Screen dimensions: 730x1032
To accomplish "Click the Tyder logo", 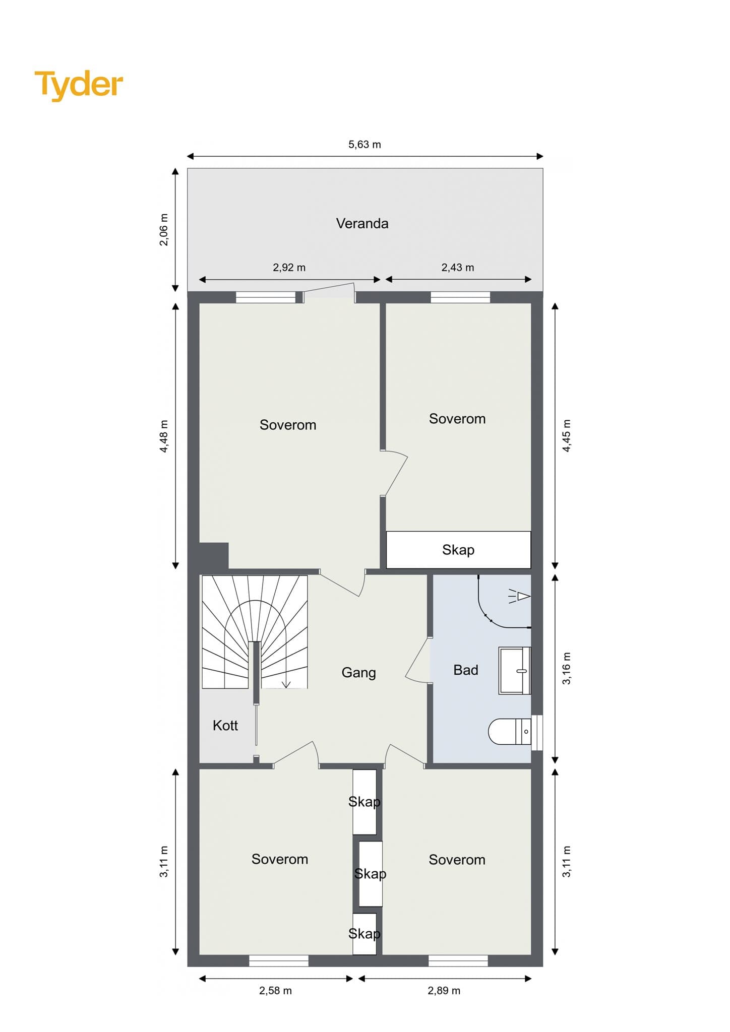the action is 79,85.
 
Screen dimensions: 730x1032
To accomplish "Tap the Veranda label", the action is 362,223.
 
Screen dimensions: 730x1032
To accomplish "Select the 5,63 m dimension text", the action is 364,145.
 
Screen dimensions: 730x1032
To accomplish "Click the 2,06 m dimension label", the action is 164,229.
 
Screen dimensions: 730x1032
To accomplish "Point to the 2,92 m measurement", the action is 289,268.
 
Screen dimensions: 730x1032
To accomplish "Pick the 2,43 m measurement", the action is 457,268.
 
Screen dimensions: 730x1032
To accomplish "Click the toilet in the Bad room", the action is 510,731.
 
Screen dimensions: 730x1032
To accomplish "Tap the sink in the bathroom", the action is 515,671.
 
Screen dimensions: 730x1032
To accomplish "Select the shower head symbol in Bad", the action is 520,596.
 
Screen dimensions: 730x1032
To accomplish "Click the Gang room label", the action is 358,673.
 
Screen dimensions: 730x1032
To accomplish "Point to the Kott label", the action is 225,725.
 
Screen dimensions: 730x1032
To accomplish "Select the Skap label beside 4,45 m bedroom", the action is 458,550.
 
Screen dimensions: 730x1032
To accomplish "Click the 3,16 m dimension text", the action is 567,668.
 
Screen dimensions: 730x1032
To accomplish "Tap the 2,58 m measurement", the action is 275,991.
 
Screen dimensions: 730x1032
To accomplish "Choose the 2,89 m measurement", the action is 444,991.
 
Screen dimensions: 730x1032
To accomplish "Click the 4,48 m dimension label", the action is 164,436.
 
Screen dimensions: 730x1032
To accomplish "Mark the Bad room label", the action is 465,670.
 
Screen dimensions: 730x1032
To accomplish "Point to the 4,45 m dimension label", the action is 567,435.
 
